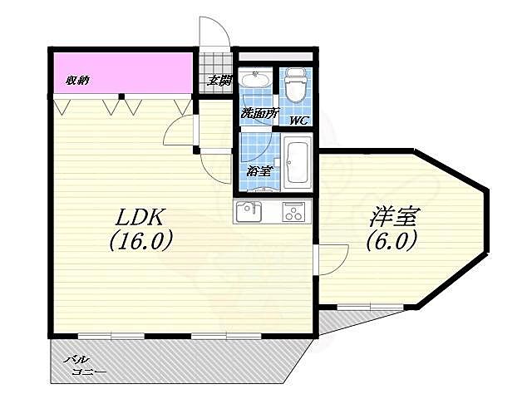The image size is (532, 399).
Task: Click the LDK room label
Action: pos(140,218)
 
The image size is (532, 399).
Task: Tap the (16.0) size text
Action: pos(140,240)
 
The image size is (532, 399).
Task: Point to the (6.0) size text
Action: pos(392,240)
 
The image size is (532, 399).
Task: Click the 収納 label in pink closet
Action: pos(77,81)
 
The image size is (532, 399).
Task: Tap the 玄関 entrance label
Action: pos(219,81)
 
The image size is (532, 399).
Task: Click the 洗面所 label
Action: pos(259,113)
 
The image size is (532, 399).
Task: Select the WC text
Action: pos(299,120)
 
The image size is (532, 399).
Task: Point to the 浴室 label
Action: pos(259,171)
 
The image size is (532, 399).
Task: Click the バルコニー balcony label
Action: pos(85,366)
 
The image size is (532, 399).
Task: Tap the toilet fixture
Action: pos(296,84)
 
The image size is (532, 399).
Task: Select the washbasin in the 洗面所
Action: pos(255,80)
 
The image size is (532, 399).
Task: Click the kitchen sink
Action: pos(249,212)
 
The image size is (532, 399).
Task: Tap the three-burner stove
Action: pos(293,212)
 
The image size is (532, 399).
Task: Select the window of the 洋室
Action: pos(371,308)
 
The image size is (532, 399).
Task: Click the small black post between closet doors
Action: pos(122,96)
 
